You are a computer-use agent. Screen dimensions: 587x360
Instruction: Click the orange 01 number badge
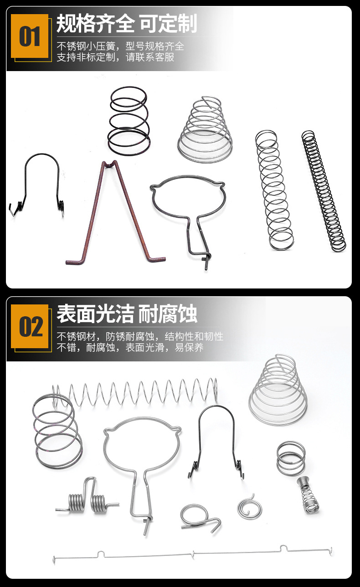[x=30, y=36]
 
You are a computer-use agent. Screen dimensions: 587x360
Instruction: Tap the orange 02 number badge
[x=30, y=327]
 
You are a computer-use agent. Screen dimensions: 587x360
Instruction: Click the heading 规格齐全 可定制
[x=126, y=24]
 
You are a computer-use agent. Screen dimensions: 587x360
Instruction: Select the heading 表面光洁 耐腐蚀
[x=126, y=314]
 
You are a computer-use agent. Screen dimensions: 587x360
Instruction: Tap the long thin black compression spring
[x=324, y=191]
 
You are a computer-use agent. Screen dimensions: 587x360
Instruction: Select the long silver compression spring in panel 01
[x=274, y=191]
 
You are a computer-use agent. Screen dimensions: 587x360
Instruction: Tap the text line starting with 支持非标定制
[x=115, y=57]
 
